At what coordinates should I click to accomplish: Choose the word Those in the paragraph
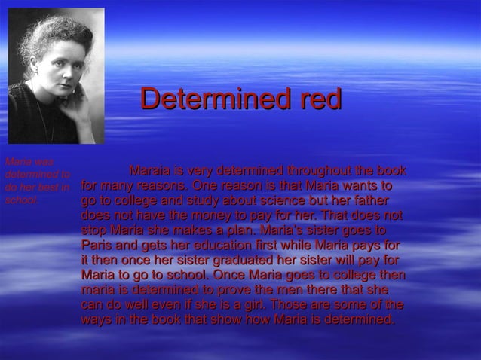[x=290, y=306]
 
